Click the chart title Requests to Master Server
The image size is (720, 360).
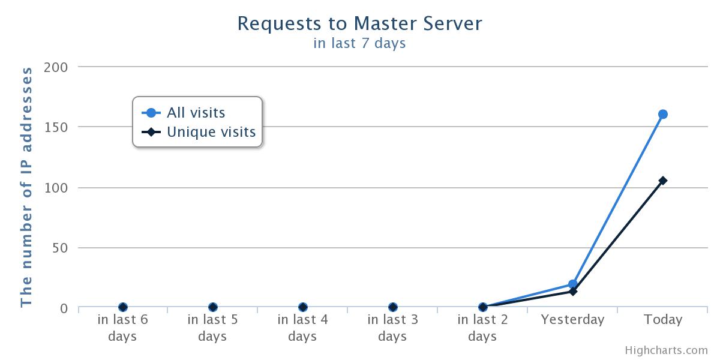tap(359, 23)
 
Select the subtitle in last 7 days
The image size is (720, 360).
tap(359, 43)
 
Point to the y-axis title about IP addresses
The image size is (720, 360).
tap(26, 187)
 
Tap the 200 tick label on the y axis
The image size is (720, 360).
tap(56, 67)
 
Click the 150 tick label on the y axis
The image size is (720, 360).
tap(56, 127)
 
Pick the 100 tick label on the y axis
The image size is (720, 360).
tap(56, 188)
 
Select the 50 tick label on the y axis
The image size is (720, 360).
tap(60, 248)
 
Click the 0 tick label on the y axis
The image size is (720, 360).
tap(64, 308)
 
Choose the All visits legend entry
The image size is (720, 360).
tap(183, 113)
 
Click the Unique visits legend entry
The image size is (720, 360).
tap(199, 132)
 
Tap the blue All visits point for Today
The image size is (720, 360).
tap(663, 114)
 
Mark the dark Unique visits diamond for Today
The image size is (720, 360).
tap(663, 181)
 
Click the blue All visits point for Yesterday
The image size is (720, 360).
tap(573, 284)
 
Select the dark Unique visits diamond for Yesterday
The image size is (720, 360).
tap(573, 292)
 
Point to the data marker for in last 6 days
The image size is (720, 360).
tap(123, 307)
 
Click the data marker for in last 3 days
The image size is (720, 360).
tap(393, 307)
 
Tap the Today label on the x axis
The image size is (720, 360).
tap(663, 320)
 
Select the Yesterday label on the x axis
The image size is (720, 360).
tap(573, 320)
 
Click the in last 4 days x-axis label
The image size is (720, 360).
tap(302, 328)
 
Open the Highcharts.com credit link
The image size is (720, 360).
tap(667, 350)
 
